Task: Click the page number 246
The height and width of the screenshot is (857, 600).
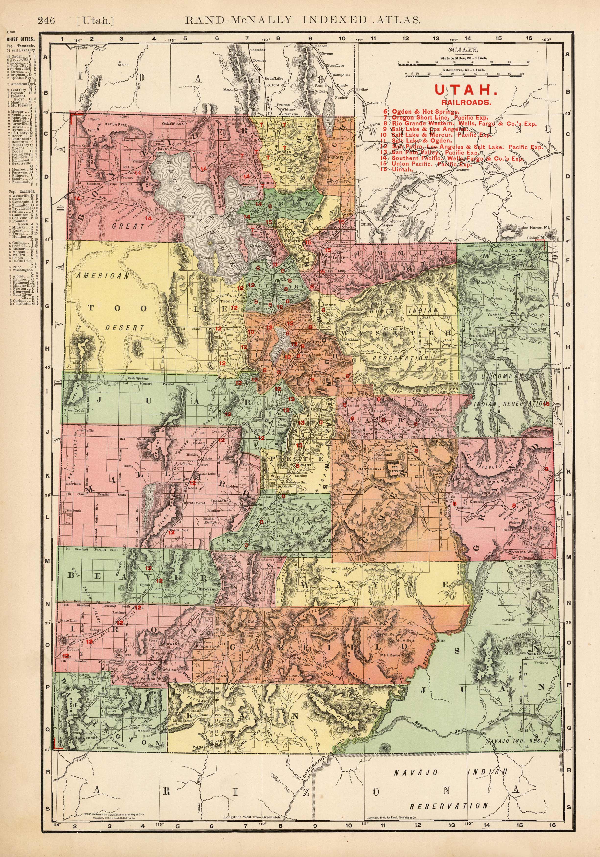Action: pos(46,20)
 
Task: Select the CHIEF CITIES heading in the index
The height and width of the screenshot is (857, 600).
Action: pos(21,39)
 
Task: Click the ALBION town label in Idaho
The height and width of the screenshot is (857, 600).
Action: pos(123,65)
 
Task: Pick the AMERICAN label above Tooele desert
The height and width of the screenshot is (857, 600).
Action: pos(103,276)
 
